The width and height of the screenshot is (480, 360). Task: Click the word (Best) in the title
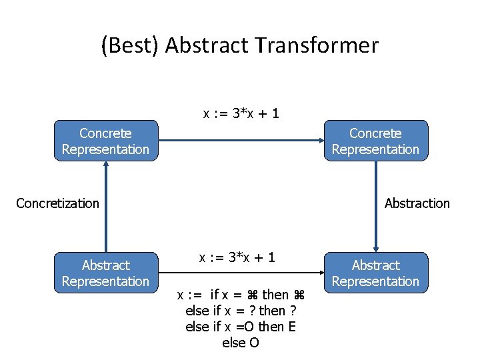tap(130, 45)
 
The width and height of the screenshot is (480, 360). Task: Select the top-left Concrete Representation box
tap(105, 141)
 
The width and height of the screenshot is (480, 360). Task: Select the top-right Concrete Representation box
tap(375, 141)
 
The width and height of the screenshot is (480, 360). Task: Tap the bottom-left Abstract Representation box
tap(105, 273)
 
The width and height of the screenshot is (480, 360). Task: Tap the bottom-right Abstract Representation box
tap(375, 273)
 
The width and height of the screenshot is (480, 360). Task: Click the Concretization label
tap(57, 203)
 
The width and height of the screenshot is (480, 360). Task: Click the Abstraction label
tap(417, 203)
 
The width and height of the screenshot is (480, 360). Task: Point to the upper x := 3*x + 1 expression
tap(241, 114)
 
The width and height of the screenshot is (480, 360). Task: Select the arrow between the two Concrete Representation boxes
tap(240, 141)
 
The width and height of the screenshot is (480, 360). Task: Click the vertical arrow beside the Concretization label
tap(105, 207)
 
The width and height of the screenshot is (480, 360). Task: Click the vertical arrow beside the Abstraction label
tap(376, 207)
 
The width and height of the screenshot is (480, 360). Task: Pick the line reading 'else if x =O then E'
tap(241, 327)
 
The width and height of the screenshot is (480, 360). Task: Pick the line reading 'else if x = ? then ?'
tap(241, 311)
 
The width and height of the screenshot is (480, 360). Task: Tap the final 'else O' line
tap(241, 343)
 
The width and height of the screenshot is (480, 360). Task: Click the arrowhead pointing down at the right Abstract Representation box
tap(376, 247)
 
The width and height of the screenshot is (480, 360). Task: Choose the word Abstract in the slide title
tap(215, 45)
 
